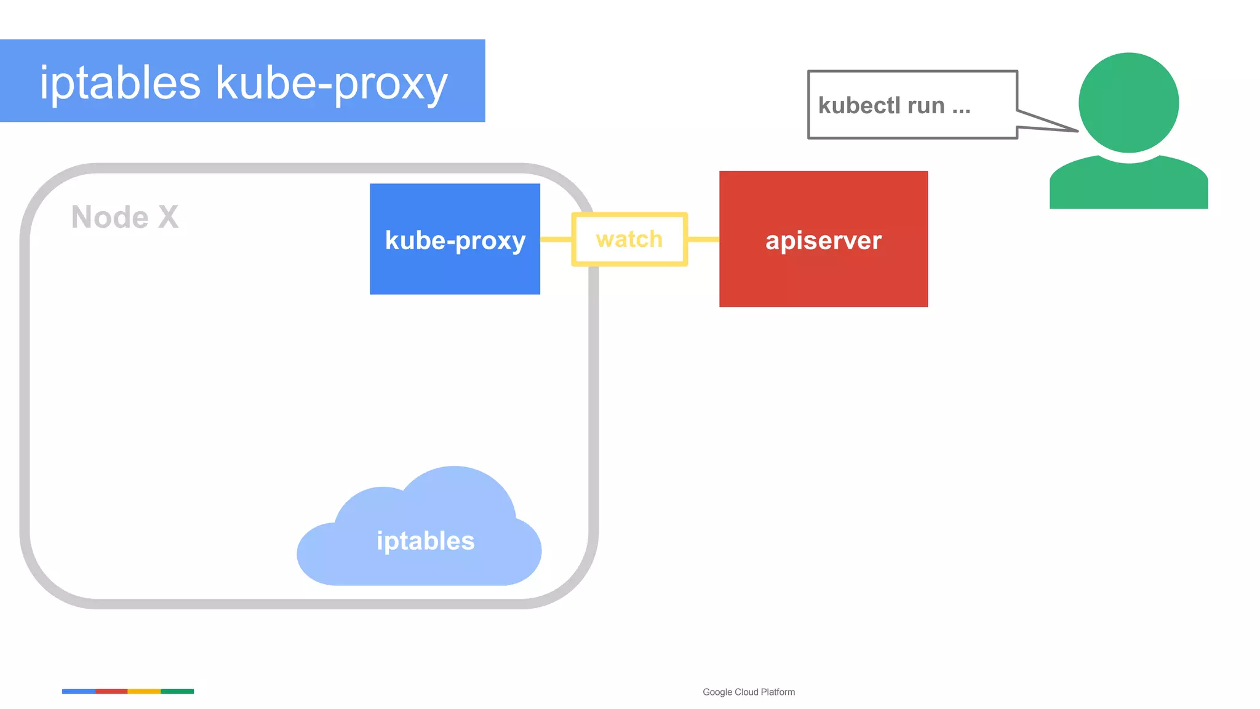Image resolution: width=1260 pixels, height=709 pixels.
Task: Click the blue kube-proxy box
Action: point(455,239)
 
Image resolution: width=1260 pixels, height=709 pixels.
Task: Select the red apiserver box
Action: point(823,239)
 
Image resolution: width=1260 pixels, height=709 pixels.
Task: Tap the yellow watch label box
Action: point(629,239)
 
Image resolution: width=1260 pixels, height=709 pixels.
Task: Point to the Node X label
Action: point(125,217)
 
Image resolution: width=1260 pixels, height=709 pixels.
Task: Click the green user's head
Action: point(1128,103)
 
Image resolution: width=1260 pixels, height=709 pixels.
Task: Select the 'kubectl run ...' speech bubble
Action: point(912,105)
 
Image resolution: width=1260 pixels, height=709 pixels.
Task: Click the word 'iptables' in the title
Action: point(120,82)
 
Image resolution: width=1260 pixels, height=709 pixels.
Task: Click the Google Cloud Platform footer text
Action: point(749,692)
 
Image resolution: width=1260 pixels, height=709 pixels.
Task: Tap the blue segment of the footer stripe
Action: point(79,691)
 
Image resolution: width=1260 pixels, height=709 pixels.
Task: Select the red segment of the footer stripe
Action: point(111,691)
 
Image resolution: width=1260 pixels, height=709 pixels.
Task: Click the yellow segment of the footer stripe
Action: point(144,691)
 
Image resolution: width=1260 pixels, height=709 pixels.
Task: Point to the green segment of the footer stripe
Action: point(177,691)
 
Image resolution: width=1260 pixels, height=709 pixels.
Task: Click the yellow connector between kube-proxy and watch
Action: point(556,239)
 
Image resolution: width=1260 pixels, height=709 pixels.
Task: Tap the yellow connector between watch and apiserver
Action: point(703,239)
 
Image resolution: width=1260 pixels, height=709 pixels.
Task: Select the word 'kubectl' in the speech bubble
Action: point(858,106)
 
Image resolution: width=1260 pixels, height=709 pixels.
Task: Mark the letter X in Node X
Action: point(168,217)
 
